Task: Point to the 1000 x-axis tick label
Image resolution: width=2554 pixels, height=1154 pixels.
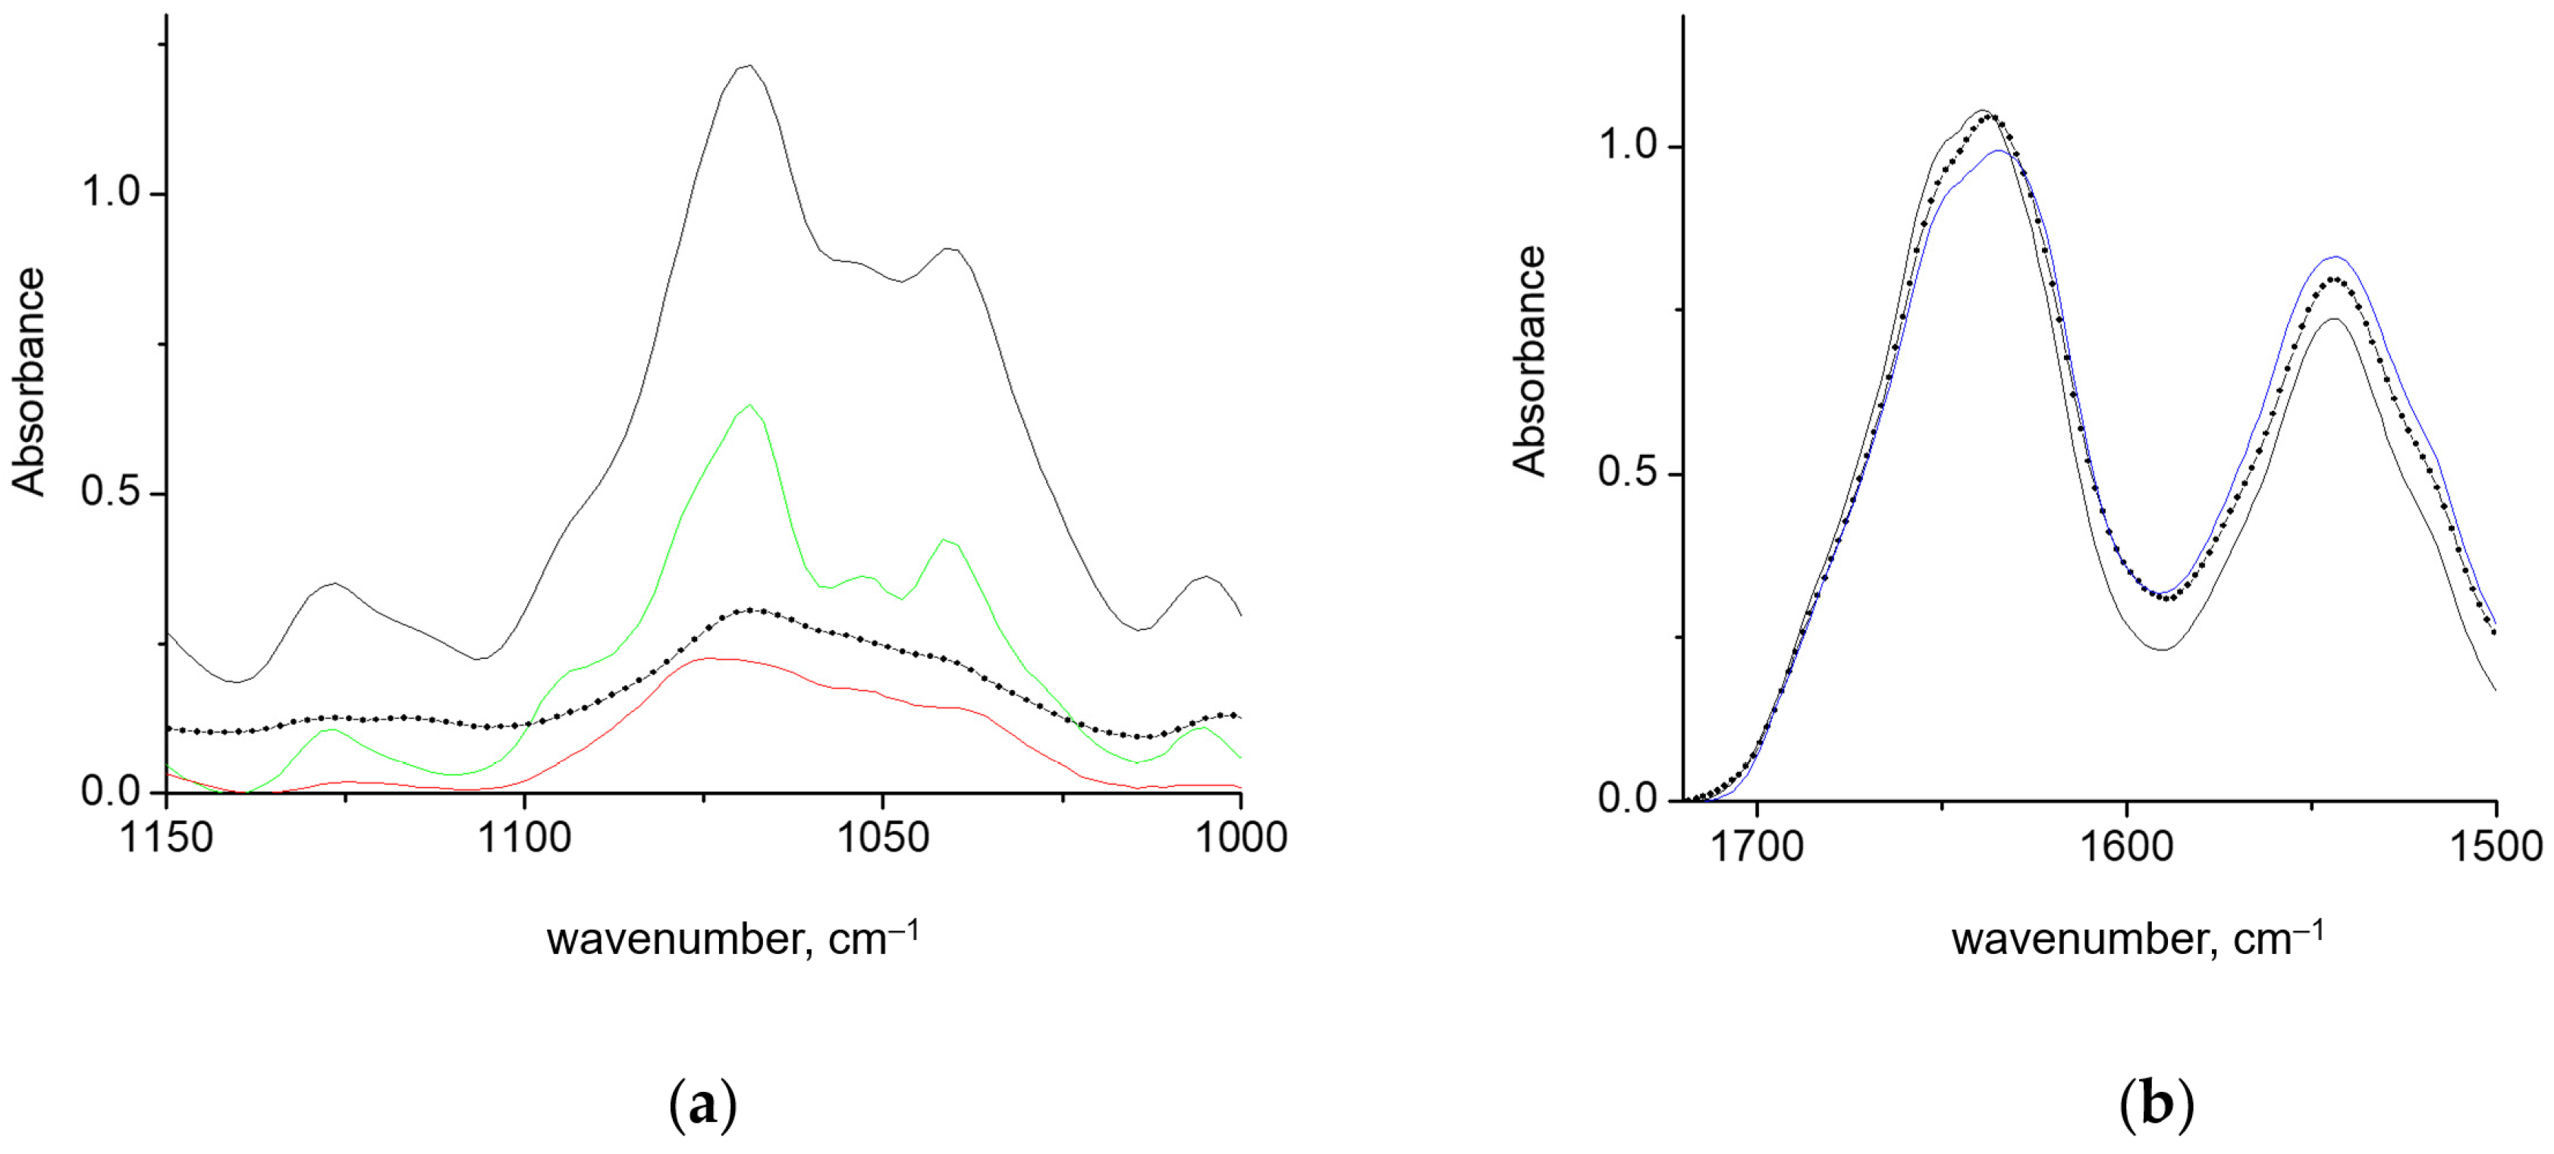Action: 1241,839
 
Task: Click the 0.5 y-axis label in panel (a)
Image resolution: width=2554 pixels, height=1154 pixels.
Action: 110,492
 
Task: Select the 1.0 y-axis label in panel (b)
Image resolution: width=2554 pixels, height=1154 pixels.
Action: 1628,146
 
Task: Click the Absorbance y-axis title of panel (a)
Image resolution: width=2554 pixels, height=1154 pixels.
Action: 30,381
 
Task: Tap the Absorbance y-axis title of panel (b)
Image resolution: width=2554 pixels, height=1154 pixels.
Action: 1530,362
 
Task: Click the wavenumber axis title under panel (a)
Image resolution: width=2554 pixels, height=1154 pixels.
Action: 733,938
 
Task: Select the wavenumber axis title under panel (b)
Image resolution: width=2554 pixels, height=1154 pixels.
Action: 2138,938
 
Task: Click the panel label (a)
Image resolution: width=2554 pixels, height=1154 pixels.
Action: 703,1103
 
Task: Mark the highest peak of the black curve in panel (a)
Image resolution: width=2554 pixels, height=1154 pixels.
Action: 748,67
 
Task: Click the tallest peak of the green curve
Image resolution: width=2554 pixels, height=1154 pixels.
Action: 750,404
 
